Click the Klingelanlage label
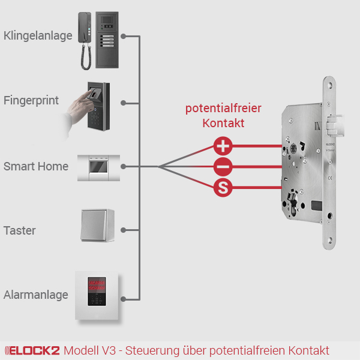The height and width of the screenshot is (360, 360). (38, 36)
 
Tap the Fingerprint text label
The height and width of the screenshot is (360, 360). (31, 100)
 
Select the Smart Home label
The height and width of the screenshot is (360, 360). (36, 166)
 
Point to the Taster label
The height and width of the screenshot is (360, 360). (20, 230)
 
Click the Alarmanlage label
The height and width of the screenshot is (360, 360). (35, 295)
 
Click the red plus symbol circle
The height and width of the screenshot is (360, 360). (223, 146)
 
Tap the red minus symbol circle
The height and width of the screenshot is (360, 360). (223, 167)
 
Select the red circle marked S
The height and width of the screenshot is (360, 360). (223, 188)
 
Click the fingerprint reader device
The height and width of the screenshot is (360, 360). (98, 105)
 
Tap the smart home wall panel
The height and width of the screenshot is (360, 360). (98, 167)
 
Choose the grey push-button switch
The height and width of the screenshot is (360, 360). (98, 225)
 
